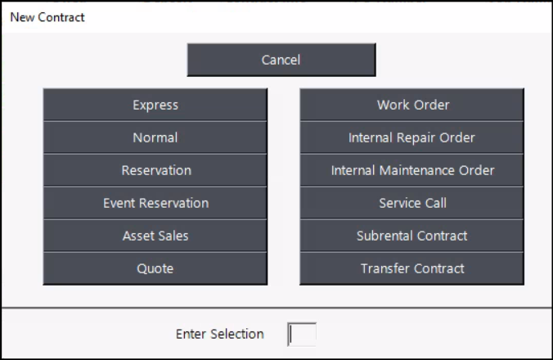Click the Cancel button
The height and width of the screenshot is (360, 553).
pos(281,60)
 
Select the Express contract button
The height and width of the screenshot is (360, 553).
pos(155,105)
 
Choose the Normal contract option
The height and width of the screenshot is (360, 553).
pos(155,137)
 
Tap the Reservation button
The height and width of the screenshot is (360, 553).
pos(155,170)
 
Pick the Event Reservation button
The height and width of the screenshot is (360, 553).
pos(155,203)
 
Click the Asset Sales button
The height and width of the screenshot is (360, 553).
pos(155,236)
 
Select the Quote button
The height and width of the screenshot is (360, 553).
pos(155,268)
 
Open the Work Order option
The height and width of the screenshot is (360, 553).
pos(412,105)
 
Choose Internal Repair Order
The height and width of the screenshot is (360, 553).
pos(412,137)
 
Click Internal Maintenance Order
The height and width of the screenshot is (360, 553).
pos(412,170)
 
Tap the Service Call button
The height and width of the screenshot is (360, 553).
pos(412,203)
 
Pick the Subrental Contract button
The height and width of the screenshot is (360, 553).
pos(412,236)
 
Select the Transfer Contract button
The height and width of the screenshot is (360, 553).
pos(412,268)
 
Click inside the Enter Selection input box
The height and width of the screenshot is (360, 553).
pos(302,335)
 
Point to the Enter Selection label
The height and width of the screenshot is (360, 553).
pos(220,334)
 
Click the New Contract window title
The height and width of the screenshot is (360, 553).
pos(47,17)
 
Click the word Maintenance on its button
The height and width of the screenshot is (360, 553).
pos(417,170)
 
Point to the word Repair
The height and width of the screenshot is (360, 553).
pos(415,138)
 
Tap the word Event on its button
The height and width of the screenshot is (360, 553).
pos(119,203)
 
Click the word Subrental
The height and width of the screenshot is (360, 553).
pos(381,236)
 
